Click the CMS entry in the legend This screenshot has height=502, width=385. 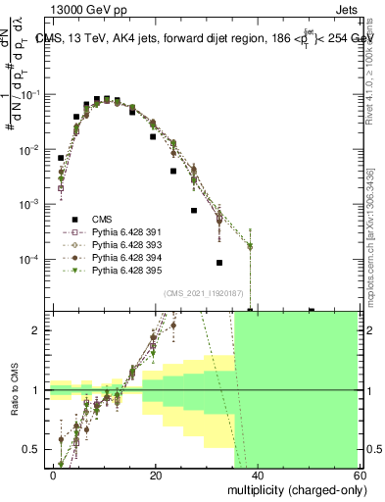[89, 219]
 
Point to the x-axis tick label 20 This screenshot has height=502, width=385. [155, 475]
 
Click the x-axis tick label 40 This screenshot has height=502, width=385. [257, 475]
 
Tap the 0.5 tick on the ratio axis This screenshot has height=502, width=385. [36, 449]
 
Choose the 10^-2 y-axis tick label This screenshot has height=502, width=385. [30, 149]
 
